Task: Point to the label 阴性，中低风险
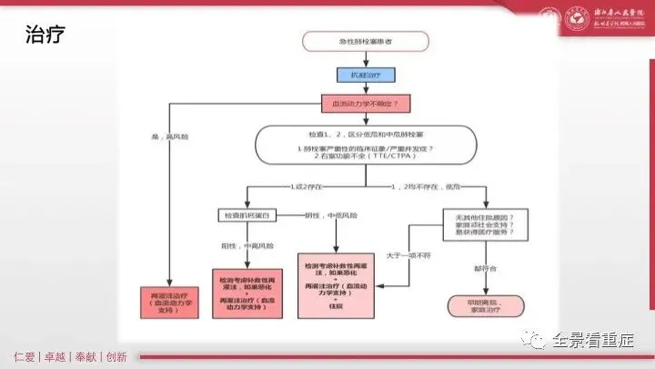coord(328,215)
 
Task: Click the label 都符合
coord(485,270)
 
